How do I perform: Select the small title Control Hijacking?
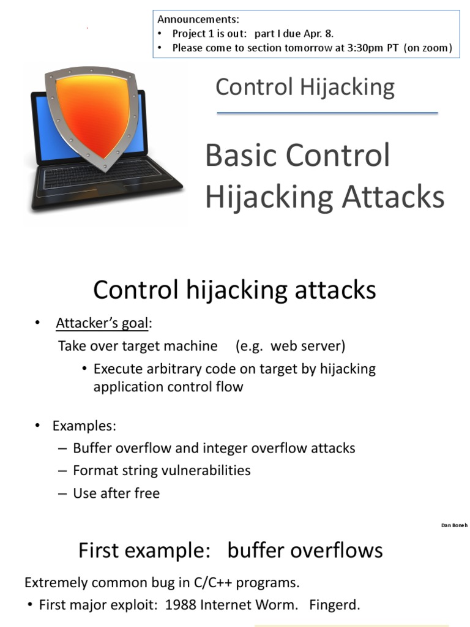[305, 87]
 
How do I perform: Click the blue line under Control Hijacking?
[327, 113]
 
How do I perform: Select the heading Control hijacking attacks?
[234, 290]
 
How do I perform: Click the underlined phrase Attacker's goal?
[103, 323]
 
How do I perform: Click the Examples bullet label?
[84, 426]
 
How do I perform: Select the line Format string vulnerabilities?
[162, 470]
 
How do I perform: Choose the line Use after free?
[116, 493]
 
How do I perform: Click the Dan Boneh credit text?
[454, 525]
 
